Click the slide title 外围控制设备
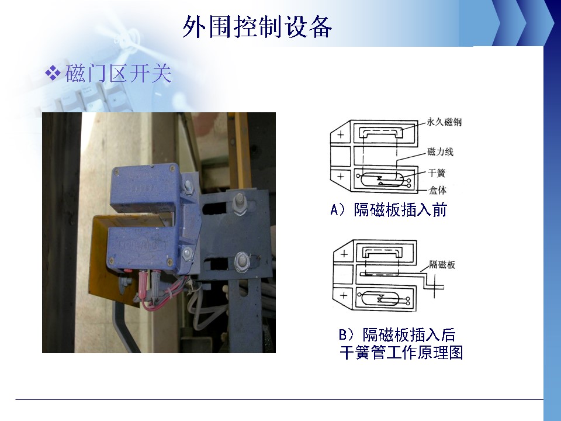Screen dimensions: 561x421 click(x=257, y=27)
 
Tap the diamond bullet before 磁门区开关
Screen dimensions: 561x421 click(x=53, y=73)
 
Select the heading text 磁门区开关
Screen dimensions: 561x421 click(x=118, y=74)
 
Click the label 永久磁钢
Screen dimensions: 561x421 click(x=444, y=122)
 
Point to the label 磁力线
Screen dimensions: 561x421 click(x=440, y=152)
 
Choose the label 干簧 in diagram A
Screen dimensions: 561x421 click(x=437, y=173)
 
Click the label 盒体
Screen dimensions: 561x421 click(x=437, y=190)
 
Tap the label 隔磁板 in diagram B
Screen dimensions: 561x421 click(x=442, y=264)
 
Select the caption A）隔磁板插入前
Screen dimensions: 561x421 click(x=389, y=210)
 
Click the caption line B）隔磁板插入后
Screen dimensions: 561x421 click(x=397, y=335)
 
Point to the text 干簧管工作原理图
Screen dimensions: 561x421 click(x=401, y=353)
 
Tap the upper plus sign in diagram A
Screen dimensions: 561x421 click(x=341, y=134)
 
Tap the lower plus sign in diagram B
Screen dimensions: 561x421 click(x=344, y=295)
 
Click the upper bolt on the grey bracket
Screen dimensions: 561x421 click(x=238, y=202)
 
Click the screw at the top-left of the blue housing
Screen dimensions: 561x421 click(x=116, y=172)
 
